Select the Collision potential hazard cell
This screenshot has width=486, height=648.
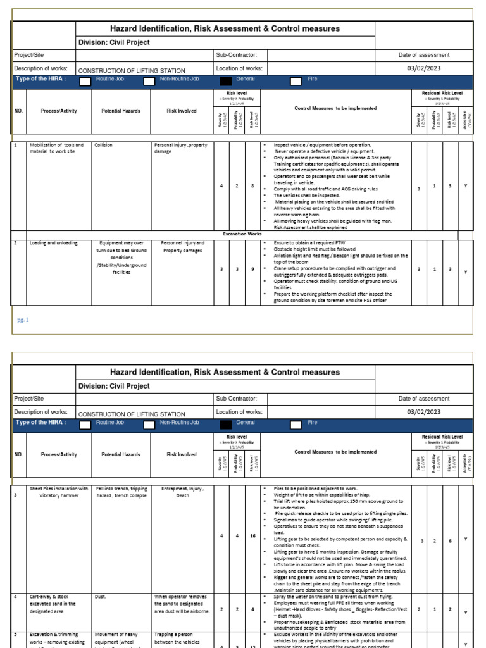click(x=103, y=145)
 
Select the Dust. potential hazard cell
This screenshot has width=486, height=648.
click(x=103, y=597)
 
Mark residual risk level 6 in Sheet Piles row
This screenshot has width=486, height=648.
click(x=449, y=539)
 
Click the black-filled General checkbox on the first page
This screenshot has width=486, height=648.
click(x=225, y=82)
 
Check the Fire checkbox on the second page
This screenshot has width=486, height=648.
click(x=296, y=425)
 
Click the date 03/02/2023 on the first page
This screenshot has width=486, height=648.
click(x=424, y=68)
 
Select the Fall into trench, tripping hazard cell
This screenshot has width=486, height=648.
click(x=121, y=492)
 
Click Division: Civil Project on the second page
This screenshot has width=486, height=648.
click(x=114, y=386)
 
